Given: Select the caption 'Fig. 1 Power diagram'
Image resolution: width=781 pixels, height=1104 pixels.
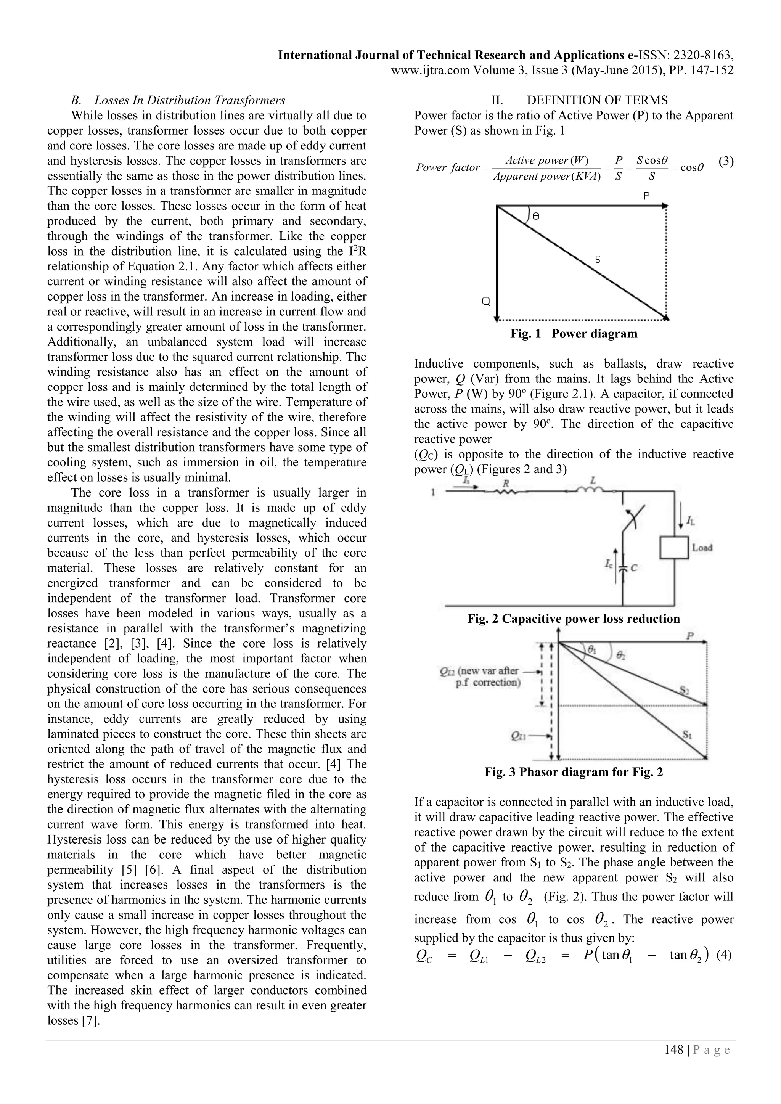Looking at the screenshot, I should click(574, 334).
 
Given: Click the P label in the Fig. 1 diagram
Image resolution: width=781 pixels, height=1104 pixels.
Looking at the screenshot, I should click(646, 196).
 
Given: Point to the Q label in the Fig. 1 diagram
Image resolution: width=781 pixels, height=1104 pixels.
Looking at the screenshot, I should click(486, 302).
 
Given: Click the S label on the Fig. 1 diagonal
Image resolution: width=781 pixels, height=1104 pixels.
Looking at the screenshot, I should click(598, 260).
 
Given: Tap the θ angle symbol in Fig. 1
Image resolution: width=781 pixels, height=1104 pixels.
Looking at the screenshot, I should click(536, 217).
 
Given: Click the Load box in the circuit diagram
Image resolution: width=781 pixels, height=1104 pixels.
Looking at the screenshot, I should click(674, 548).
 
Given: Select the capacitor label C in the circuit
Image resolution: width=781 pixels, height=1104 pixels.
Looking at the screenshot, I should click(634, 568).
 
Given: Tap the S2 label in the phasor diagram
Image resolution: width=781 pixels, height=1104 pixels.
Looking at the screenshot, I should click(685, 691).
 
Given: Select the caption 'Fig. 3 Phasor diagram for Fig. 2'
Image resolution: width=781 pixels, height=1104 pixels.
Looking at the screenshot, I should click(574, 772).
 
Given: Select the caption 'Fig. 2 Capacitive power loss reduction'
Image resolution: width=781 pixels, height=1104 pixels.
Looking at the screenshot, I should click(574, 619).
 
